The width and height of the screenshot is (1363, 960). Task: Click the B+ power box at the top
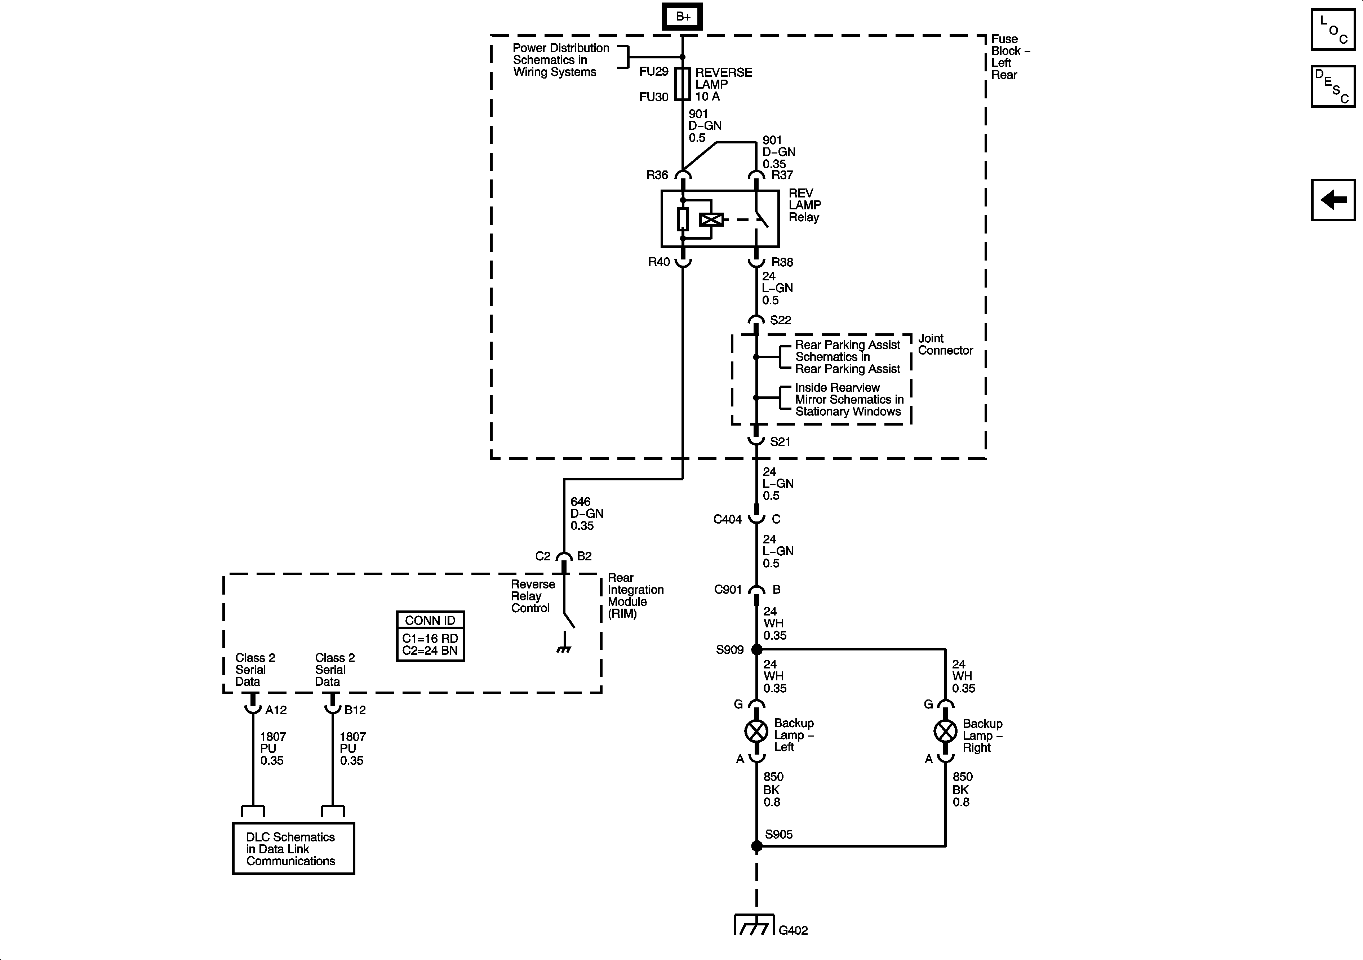pos(683,17)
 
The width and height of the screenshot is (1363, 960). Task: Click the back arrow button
pos(1333,200)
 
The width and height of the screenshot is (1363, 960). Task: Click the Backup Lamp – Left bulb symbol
pos(756,731)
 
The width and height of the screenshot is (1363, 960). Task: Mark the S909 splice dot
pos(757,649)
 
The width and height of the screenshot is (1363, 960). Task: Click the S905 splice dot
pos(757,846)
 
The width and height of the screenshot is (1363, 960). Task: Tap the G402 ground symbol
pos(754,924)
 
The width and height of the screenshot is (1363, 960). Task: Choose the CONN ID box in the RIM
pos(430,636)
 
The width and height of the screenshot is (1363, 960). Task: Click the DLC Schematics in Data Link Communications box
pos(293,848)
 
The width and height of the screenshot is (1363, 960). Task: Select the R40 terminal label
pos(659,262)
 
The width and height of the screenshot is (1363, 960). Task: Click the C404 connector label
pos(727,520)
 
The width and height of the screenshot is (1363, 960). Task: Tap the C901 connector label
pos(728,590)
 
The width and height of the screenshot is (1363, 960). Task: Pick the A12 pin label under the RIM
pos(276,710)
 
